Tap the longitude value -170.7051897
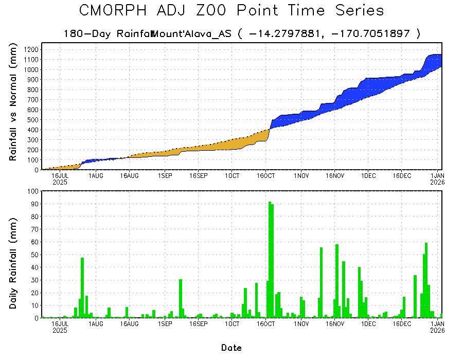[x=375, y=34]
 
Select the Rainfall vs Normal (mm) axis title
[x=13, y=103]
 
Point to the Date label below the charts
[x=232, y=348]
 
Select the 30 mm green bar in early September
[x=181, y=299]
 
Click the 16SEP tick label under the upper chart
[x=198, y=176]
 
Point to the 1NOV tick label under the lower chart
[x=301, y=324]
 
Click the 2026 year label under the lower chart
[x=437, y=331]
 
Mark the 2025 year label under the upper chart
[x=60, y=182]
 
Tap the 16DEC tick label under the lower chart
[x=402, y=324]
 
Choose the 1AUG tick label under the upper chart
[x=96, y=176]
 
